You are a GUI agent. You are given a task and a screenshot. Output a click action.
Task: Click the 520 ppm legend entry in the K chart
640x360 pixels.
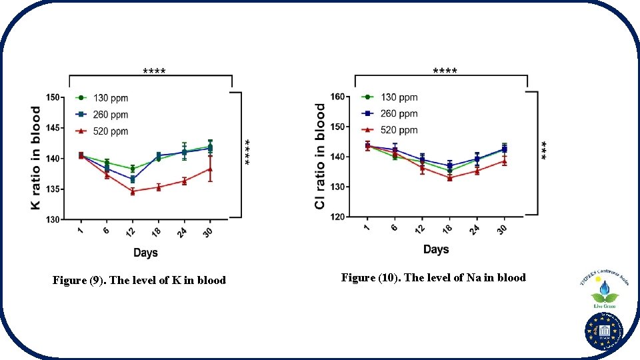pyautogui.click(x=101, y=131)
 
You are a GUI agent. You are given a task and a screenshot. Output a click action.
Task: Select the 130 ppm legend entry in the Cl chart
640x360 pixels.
pyautogui.click(x=389, y=98)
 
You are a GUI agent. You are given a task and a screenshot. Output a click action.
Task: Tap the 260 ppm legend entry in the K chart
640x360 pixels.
pyautogui.click(x=101, y=115)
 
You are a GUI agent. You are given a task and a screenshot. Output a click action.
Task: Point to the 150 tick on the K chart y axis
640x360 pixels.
pyautogui.click(x=53, y=97)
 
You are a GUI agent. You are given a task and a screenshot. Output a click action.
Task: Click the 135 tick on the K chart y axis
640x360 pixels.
pyautogui.click(x=53, y=189)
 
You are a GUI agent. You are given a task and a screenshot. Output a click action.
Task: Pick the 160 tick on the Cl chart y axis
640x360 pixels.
pyautogui.click(x=338, y=97)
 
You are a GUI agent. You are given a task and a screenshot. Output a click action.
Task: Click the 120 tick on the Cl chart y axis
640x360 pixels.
pyautogui.click(x=338, y=217)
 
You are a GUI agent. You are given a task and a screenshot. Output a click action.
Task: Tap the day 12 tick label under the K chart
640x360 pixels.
pyautogui.click(x=131, y=231)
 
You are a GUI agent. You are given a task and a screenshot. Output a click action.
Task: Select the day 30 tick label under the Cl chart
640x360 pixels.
pyautogui.click(x=502, y=229)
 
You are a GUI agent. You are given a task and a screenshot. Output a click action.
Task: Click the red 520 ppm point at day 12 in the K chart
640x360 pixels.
pyautogui.click(x=132, y=191)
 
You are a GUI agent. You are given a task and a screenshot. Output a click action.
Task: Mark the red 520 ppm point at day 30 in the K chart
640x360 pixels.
pyautogui.click(x=210, y=169)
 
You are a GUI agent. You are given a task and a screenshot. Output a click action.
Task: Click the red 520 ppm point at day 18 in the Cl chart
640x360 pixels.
pyautogui.click(x=449, y=178)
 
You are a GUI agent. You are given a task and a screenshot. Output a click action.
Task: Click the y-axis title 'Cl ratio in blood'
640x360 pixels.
pyautogui.click(x=321, y=155)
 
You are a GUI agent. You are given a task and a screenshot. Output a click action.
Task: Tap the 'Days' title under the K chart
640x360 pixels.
pyautogui.click(x=145, y=253)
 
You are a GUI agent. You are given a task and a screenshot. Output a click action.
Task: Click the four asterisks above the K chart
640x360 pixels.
pyautogui.click(x=155, y=71)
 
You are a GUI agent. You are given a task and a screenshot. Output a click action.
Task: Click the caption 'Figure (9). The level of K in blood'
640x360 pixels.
pyautogui.click(x=139, y=281)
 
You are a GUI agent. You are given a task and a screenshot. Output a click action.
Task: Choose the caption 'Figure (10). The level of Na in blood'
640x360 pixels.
pyautogui.click(x=433, y=277)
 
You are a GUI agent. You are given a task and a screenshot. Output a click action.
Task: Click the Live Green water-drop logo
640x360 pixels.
pyautogui.click(x=604, y=291)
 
